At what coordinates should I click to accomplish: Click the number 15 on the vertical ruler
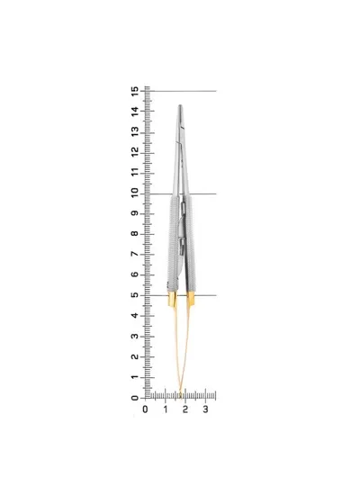pos(135,91)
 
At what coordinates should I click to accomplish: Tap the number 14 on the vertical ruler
pos(135,112)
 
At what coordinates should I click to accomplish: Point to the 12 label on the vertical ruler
pos(135,152)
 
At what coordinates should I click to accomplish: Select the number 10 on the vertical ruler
pos(135,193)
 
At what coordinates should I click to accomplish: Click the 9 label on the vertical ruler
pos(135,213)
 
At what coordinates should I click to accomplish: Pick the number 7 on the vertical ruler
pos(135,254)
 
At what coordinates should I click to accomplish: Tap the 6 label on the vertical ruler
pos(135,274)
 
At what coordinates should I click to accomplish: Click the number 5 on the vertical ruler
pos(135,295)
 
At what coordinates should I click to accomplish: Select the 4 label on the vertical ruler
pos(135,316)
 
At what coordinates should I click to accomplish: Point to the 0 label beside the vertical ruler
pos(135,398)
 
